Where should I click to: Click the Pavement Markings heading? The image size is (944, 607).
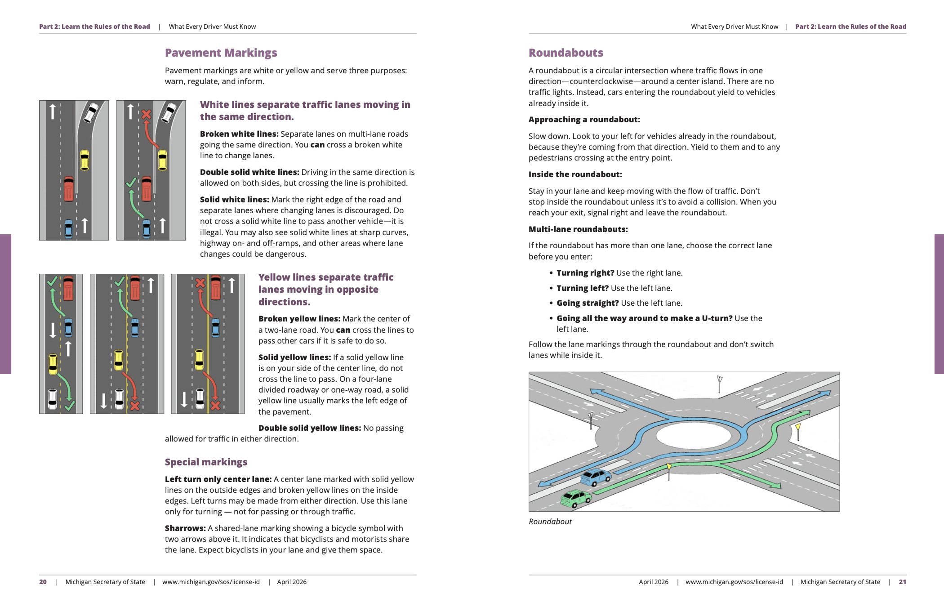pos(221,53)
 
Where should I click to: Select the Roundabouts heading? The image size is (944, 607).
pos(566,53)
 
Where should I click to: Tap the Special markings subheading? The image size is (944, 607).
pos(206,462)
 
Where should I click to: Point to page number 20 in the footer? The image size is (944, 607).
pos(43,582)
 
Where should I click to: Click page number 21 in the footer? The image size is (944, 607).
pos(902,582)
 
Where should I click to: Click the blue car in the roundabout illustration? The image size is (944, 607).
pos(596,477)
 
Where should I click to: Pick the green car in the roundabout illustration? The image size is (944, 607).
pos(576,498)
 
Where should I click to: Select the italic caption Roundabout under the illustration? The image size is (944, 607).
pos(550,522)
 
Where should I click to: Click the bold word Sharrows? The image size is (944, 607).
pos(185,528)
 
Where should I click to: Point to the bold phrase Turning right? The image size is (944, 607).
pos(585,273)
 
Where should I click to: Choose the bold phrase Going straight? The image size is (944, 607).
pos(588,303)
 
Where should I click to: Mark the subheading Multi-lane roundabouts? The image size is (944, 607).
pos(578,229)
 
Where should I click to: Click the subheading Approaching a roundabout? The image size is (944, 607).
pos(584,120)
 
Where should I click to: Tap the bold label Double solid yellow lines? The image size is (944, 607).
pos(309,428)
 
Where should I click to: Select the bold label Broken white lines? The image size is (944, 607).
pos(239,134)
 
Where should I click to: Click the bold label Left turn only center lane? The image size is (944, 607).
pos(218,479)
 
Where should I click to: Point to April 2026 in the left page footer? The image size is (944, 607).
pos(292,582)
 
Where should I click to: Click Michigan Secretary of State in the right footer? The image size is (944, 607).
pos(840,582)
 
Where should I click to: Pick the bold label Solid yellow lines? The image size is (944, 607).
pos(294,357)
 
